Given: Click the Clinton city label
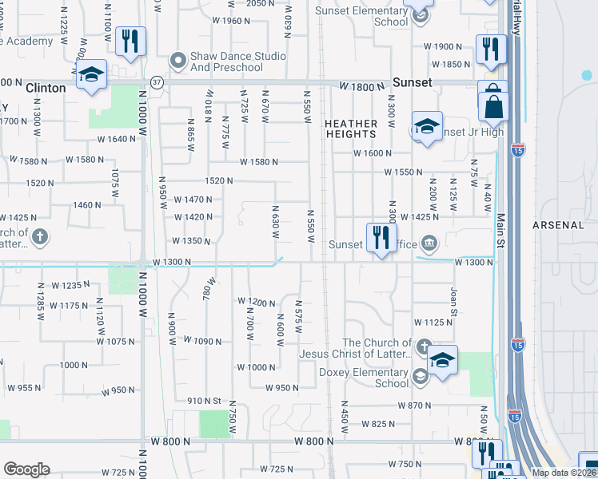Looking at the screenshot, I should coord(46,88).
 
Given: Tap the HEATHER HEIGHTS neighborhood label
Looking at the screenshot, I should coord(351,130).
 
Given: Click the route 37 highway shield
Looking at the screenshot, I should coord(157,82).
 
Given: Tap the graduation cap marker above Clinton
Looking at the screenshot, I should coord(92,75).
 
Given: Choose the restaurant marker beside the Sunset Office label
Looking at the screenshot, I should coord(381,236).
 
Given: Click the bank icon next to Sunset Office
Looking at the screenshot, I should coord(429,243).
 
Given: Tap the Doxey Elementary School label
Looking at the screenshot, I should coord(364,378).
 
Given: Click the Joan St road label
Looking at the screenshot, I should coord(453,300).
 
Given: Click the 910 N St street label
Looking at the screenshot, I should coord(204,401).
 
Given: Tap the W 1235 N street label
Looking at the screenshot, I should coord(66,285).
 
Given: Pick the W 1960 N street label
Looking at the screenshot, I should coord(220,21).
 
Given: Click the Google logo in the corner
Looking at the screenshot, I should coord(26,469).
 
